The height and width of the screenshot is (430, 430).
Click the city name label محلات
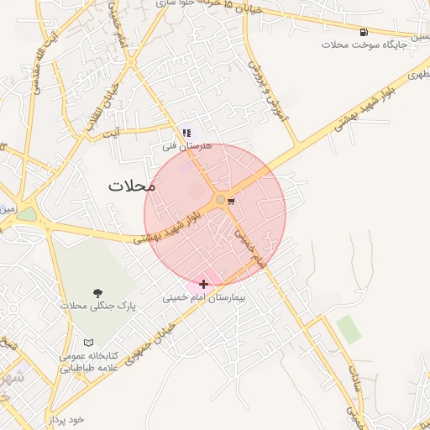[133, 186]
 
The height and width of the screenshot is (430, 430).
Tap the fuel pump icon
[363, 33]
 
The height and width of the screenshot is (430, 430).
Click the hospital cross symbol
[204, 285]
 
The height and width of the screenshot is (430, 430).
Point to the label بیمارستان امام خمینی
[202, 297]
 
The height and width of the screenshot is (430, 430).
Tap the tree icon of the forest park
[98, 293]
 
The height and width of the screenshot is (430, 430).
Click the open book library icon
[88, 343]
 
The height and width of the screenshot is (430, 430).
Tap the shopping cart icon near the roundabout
[231, 201]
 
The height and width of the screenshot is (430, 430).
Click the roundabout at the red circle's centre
[220, 200]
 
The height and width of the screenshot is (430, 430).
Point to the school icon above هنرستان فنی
[186, 132]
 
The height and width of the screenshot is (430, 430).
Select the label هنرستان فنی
[188, 145]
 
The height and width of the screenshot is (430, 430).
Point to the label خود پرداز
[66, 419]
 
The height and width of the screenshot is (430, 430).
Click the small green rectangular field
[349, 330]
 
